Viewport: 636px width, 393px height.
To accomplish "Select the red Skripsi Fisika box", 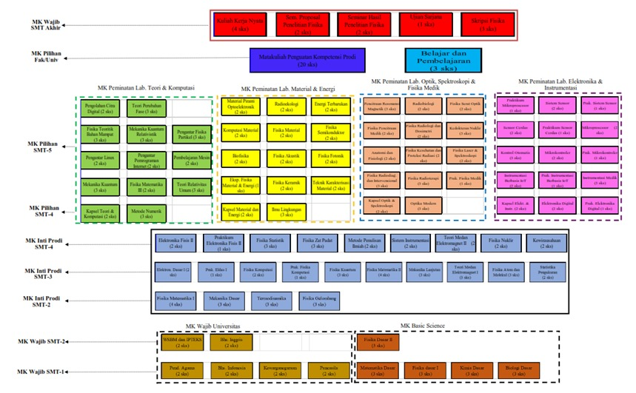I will pyautogui.click(x=481, y=26).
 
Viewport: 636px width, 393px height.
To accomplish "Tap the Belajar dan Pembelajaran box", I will pyautogui.click(x=443, y=58).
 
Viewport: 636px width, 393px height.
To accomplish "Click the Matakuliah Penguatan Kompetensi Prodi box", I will pyautogui.click(x=304, y=59).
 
